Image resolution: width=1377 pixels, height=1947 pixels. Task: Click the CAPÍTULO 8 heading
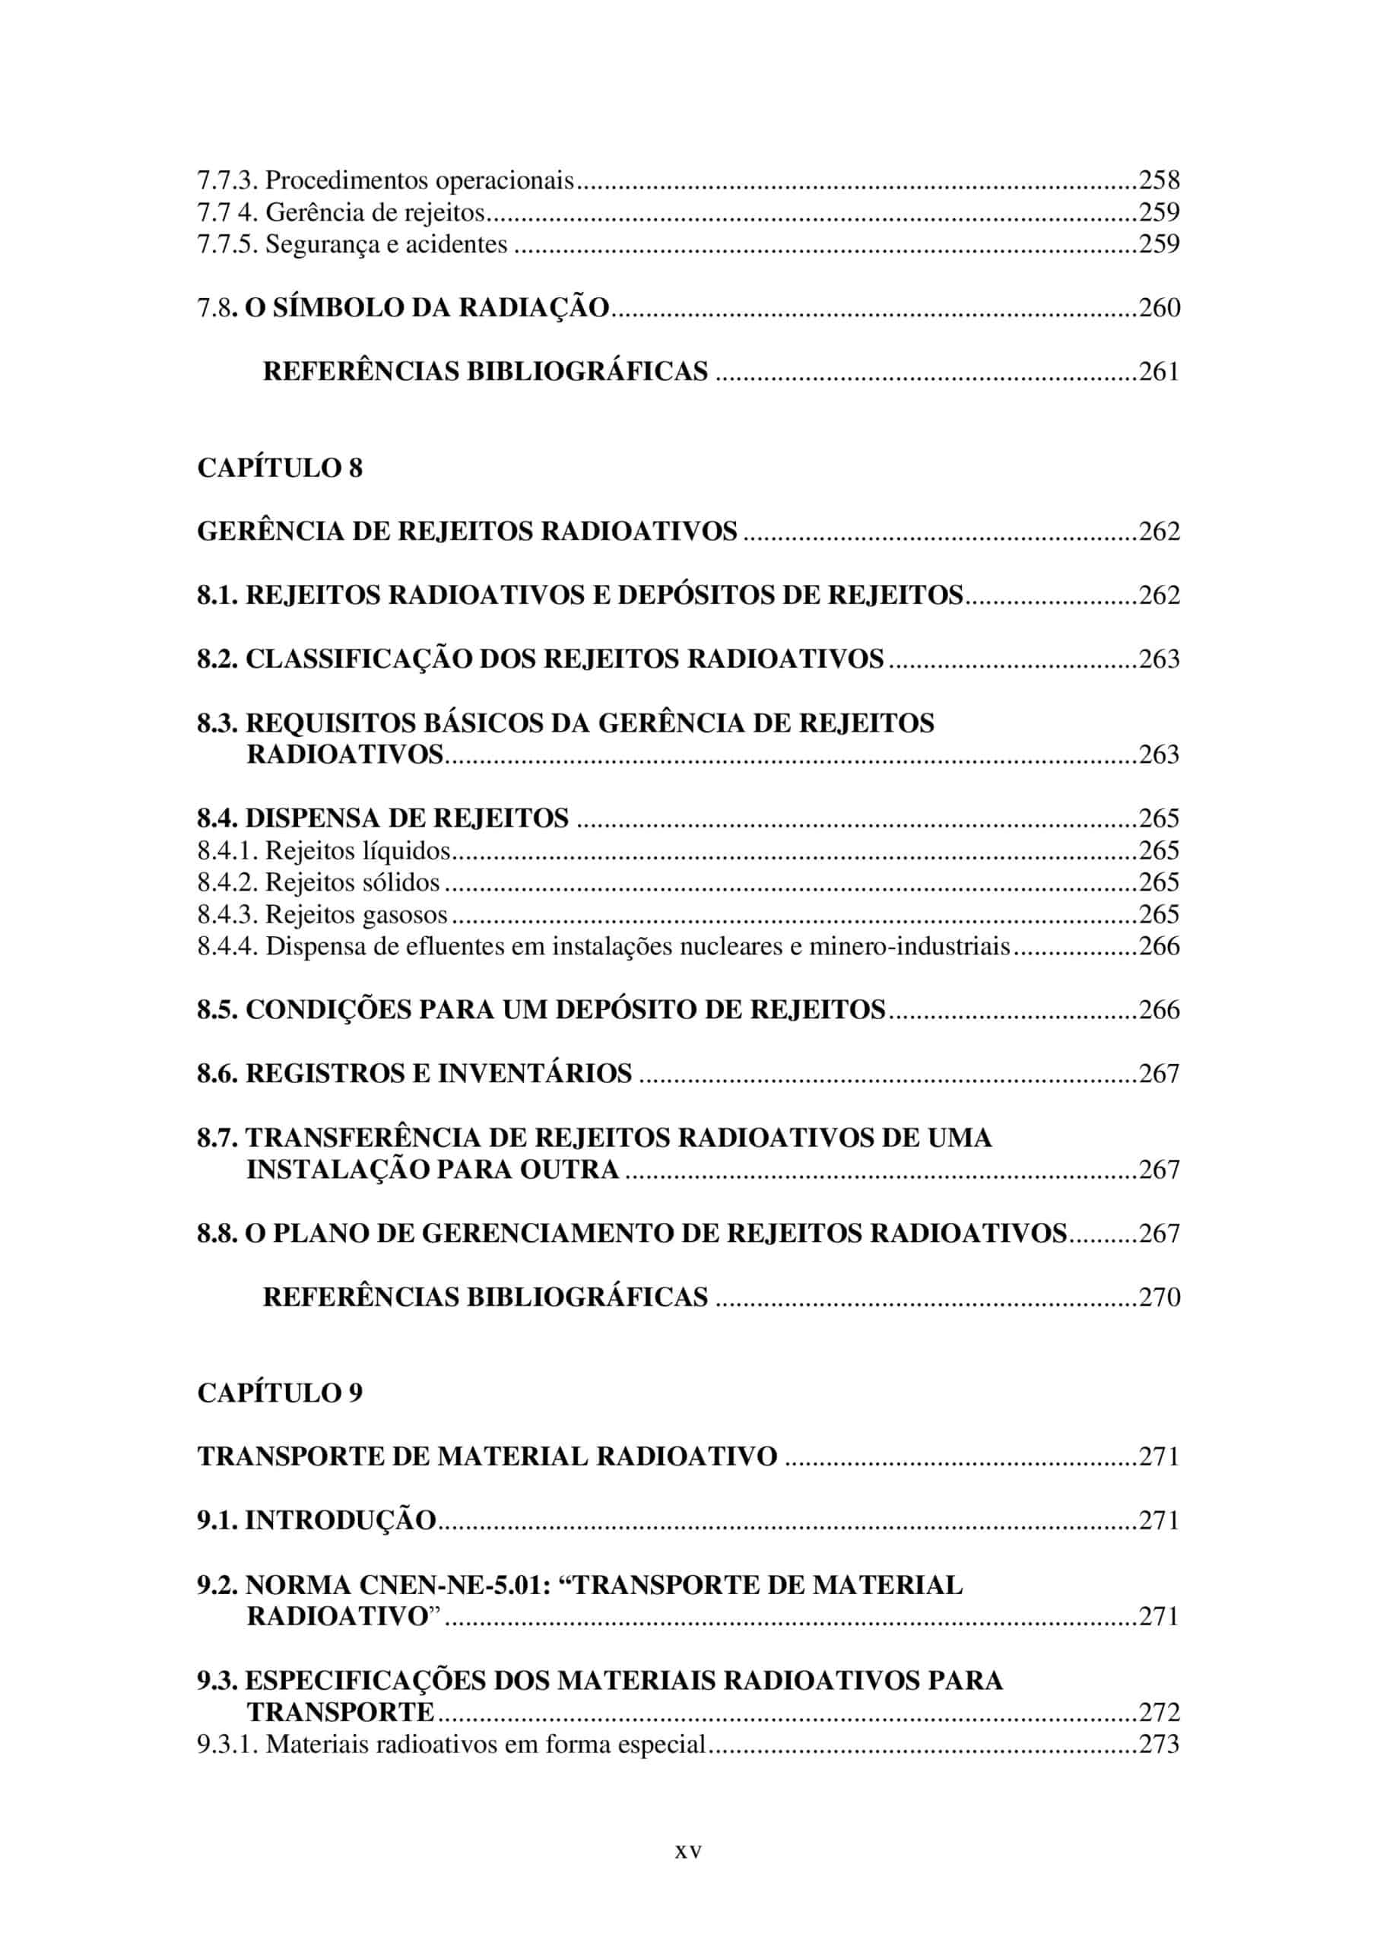pyautogui.click(x=280, y=468)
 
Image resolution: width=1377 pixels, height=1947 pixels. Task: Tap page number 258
pyautogui.click(x=1159, y=179)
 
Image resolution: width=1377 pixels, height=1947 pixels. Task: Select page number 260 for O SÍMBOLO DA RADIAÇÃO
pyautogui.click(x=1159, y=308)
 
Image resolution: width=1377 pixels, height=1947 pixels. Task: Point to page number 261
pyautogui.click(x=1159, y=371)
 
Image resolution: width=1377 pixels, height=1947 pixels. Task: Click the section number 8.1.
pyautogui.click(x=218, y=596)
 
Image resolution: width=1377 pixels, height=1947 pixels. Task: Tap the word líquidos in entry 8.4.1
pyautogui.click(x=406, y=850)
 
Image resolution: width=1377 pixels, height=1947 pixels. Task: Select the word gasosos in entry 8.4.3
pyautogui.click(x=405, y=915)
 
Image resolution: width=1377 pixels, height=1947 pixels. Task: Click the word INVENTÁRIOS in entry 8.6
pyautogui.click(x=535, y=1074)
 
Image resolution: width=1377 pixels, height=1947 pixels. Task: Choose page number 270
pyautogui.click(x=1159, y=1297)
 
